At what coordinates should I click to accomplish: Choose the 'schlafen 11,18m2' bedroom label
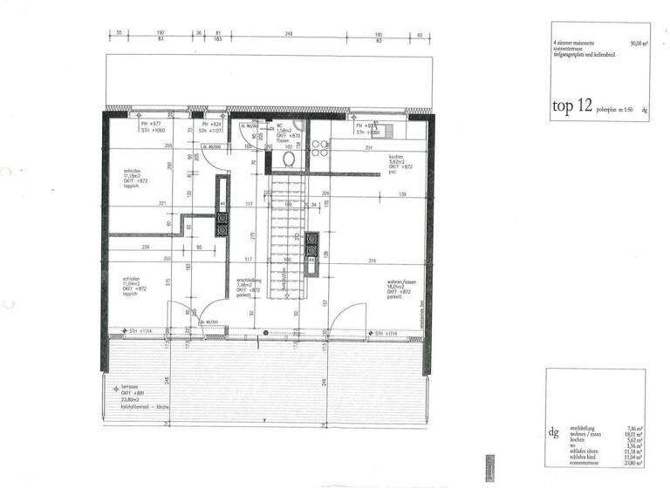click(x=135, y=178)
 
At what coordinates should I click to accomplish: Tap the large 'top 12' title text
click(x=571, y=107)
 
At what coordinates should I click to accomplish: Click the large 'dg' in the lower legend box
click(x=551, y=431)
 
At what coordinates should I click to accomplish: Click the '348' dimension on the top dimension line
click(x=288, y=33)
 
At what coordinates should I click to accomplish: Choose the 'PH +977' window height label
click(x=151, y=125)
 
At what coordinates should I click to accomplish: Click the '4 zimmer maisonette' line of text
click(x=572, y=41)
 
